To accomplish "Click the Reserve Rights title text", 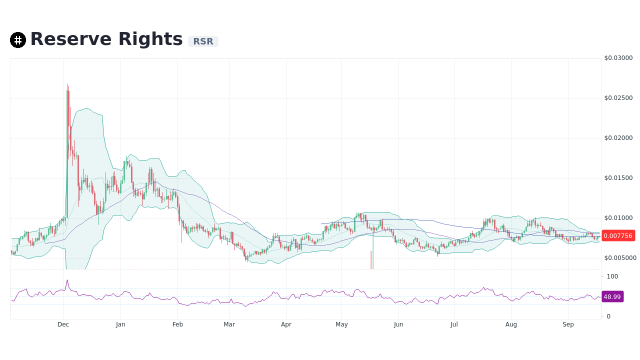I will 106,39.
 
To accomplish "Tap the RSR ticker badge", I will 203,41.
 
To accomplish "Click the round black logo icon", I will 18,40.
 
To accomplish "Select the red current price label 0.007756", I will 617,235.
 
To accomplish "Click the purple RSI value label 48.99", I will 612,296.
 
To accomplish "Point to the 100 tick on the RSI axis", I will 612,276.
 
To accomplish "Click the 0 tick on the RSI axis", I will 608,316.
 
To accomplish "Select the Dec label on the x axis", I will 63,324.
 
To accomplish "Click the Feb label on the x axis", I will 177,324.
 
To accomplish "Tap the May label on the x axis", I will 341,324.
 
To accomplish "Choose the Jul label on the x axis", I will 454,324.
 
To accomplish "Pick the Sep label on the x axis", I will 568,324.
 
